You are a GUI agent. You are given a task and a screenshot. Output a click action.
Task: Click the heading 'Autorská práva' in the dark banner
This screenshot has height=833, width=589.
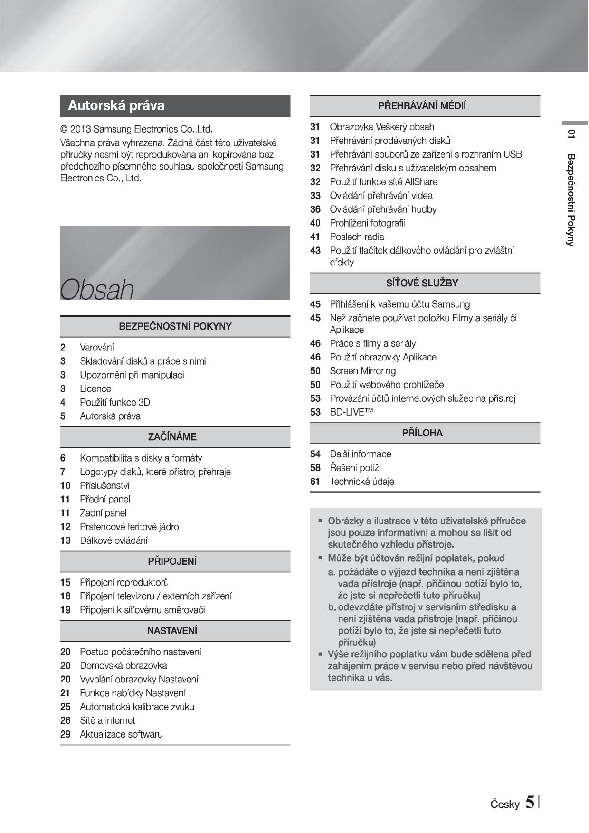tap(116, 105)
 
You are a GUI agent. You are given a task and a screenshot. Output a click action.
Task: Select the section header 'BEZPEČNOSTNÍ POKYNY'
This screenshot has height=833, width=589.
tap(175, 327)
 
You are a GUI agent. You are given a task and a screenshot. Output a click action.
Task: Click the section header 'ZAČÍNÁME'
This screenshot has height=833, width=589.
tap(172, 437)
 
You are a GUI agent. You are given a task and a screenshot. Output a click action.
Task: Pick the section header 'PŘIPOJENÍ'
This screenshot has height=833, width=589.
tap(172, 561)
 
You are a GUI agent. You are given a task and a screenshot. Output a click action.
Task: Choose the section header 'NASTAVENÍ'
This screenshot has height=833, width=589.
tap(172, 631)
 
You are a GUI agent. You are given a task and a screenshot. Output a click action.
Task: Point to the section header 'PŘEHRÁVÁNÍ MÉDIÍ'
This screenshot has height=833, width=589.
tap(422, 106)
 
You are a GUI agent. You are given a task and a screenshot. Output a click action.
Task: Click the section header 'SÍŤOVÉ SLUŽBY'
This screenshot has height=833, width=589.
tap(422, 283)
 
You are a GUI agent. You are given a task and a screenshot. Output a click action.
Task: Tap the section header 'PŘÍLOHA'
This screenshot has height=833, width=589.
tap(422, 433)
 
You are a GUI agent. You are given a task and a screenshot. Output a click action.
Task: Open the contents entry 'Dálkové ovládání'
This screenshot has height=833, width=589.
tap(114, 540)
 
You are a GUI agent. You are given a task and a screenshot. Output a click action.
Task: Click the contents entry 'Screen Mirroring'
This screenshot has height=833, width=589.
tap(362, 371)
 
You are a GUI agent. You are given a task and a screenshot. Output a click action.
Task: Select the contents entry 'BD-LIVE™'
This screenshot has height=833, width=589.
tap(351, 412)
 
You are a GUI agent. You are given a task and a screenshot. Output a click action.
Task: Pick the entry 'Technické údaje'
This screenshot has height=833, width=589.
tap(362, 482)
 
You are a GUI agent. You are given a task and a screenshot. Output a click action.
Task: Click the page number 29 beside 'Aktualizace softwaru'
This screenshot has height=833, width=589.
tap(65, 734)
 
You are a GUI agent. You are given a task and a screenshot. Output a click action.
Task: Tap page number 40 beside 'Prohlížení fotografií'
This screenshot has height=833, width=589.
tap(315, 223)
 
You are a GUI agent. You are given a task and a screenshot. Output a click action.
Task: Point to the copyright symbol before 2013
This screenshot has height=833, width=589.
tap(64, 129)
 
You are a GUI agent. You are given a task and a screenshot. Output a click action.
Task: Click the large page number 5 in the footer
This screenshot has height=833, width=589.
tap(530, 802)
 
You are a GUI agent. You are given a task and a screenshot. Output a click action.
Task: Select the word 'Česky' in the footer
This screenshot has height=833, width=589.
tap(505, 804)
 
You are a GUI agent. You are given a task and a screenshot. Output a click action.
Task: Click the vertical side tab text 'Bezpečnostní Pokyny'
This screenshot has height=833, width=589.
tap(571, 199)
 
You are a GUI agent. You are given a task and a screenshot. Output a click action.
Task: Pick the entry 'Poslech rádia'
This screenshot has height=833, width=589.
tap(357, 237)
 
